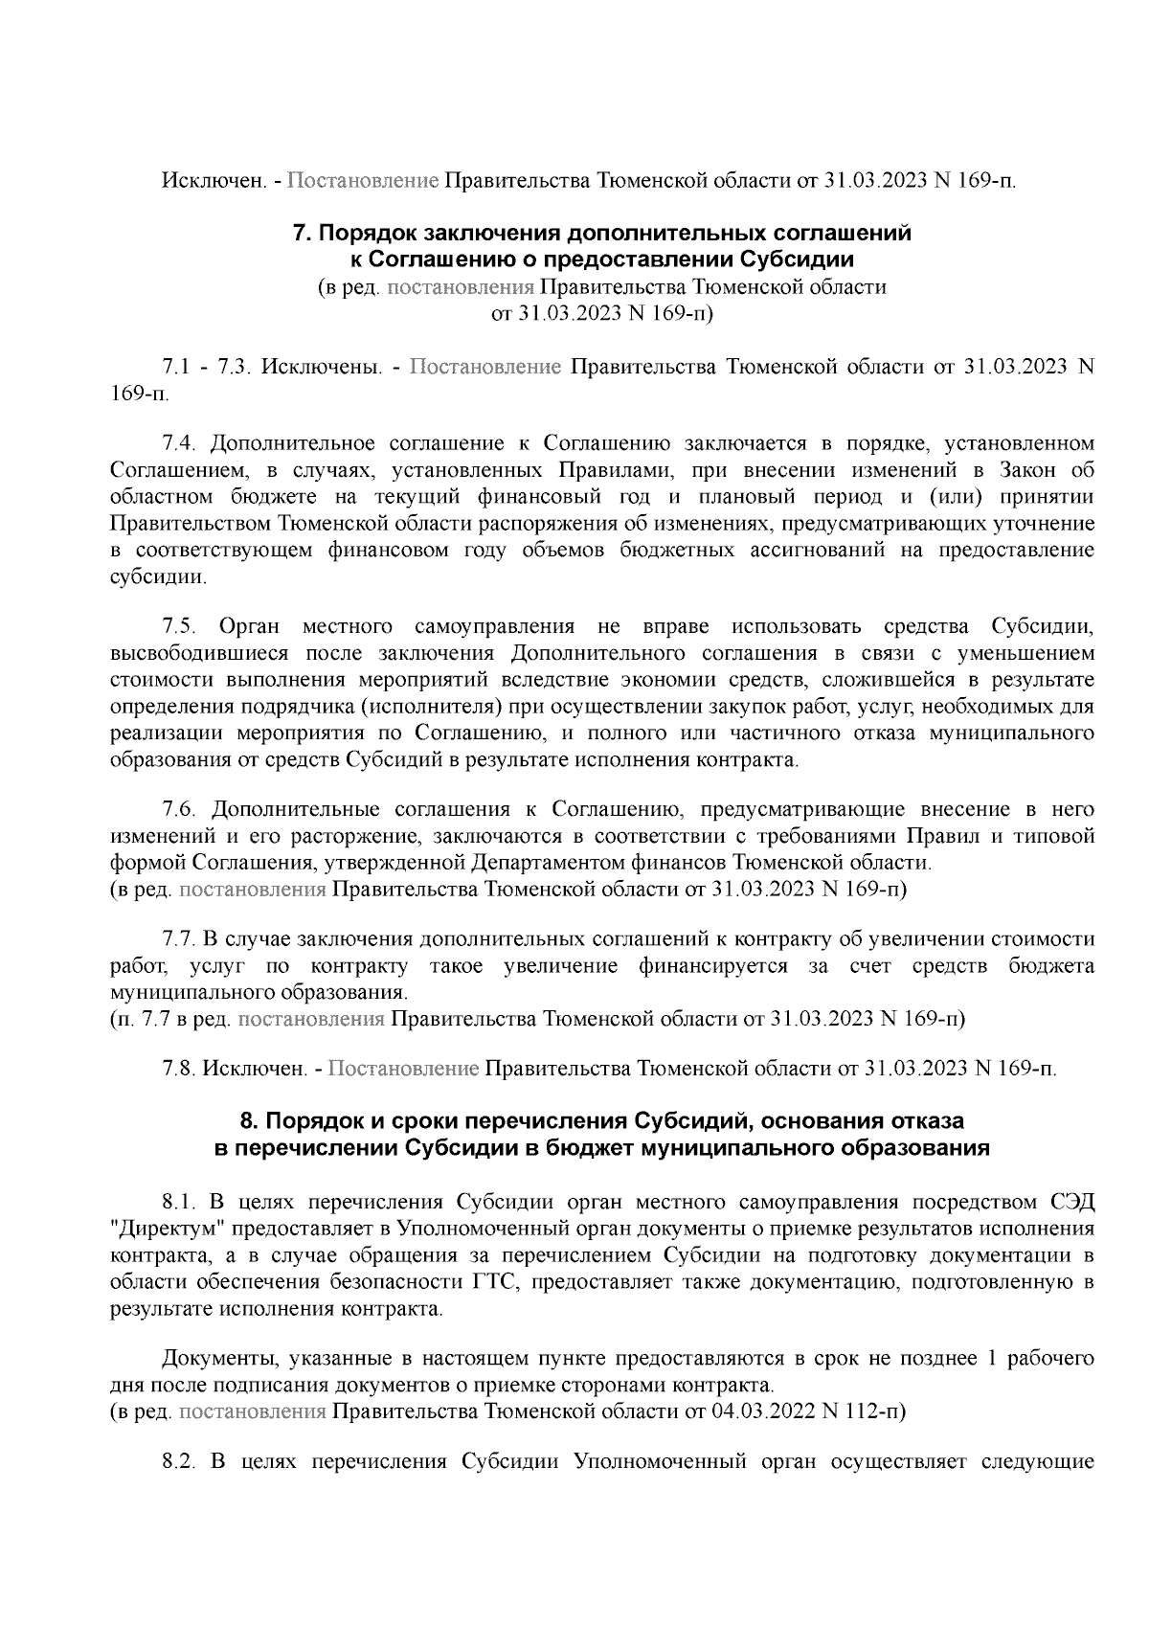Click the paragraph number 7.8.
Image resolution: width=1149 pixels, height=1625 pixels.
tap(179, 1068)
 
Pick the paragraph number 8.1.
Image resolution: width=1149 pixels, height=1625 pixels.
tap(178, 1203)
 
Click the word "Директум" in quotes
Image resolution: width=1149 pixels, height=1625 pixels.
tap(157, 1230)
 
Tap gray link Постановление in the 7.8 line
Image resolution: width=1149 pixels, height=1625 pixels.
tap(403, 1068)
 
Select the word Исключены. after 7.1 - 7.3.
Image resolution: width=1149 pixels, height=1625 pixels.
tap(323, 368)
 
